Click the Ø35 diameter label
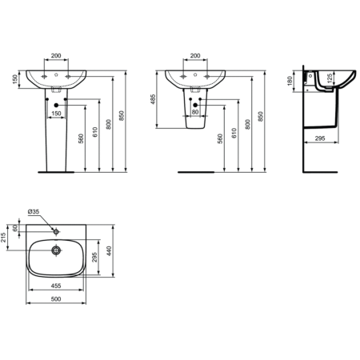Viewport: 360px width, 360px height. [x=34, y=211]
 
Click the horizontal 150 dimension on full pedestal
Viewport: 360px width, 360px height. [x=56, y=113]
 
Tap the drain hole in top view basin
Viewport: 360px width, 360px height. [x=56, y=250]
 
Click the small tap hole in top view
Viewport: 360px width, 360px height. [x=56, y=231]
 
